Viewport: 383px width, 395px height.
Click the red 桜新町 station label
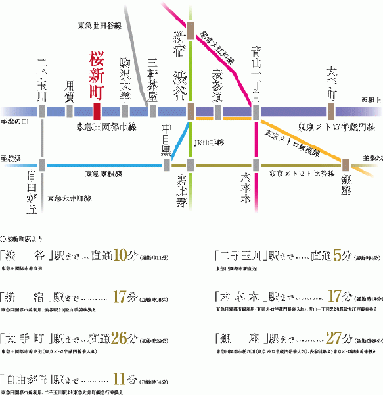96,74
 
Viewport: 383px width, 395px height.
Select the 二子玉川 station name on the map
42,79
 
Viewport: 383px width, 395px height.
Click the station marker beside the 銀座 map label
345,165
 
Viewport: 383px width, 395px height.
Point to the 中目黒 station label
167,140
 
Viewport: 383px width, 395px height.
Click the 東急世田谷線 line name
101,25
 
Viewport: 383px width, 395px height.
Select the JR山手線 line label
209,142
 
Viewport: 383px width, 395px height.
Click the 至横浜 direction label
13,159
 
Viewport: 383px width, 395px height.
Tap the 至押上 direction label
371,101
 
